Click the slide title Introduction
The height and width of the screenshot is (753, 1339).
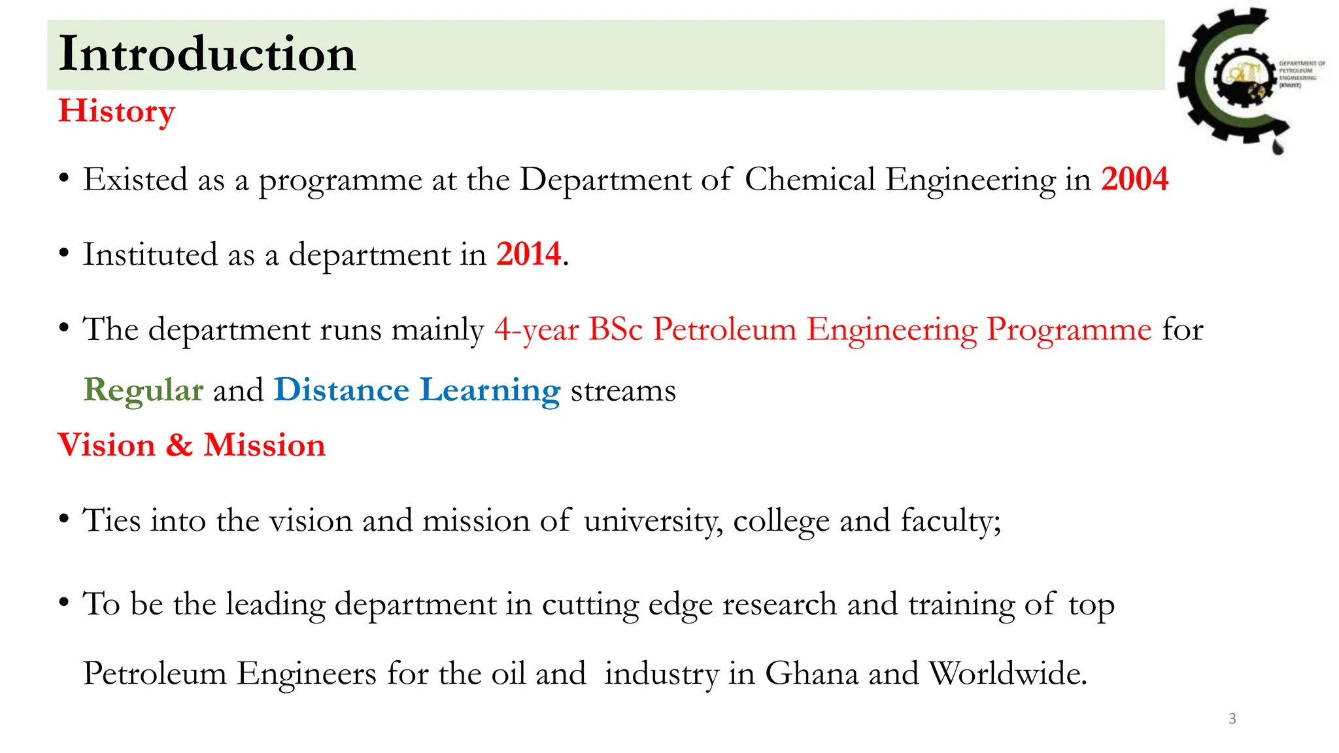(207, 54)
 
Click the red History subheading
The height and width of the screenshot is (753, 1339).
(116, 111)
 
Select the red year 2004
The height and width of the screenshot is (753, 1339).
(1134, 179)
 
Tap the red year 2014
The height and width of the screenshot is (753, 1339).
(528, 254)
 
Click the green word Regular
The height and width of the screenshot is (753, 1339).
(143, 390)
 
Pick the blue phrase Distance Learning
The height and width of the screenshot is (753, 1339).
(417, 390)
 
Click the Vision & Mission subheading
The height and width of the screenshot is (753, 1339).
(191, 445)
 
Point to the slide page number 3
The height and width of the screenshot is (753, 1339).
(1232, 719)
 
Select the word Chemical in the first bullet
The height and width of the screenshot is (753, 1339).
(809, 180)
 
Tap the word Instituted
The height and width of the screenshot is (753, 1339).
(150, 254)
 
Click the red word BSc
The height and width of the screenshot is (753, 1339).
(615, 329)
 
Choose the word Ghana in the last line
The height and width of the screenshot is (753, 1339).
(811, 673)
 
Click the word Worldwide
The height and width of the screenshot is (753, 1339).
(1008, 673)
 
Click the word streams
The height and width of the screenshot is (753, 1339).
(623, 391)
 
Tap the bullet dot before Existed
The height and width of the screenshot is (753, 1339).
(63, 178)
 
